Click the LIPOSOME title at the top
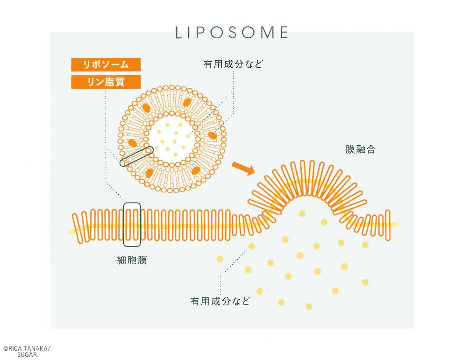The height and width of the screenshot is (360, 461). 232,32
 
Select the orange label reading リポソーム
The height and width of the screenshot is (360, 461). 106,64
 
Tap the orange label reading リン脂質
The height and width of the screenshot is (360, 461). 106,82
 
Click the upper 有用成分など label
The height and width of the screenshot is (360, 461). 233,64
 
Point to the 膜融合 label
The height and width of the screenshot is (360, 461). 361,149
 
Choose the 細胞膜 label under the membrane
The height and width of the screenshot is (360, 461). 132,260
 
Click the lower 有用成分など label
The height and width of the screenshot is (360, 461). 220,301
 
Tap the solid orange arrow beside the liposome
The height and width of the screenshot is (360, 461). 243,168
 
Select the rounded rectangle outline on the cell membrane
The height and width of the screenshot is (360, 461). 132,203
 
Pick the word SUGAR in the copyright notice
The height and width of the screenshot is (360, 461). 27,355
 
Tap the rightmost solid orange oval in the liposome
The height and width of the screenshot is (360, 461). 212,135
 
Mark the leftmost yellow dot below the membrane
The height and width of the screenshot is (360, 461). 220,259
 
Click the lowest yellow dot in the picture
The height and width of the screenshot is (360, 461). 309,306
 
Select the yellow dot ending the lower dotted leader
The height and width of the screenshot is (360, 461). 251,246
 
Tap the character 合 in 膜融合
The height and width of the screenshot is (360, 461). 371,149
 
